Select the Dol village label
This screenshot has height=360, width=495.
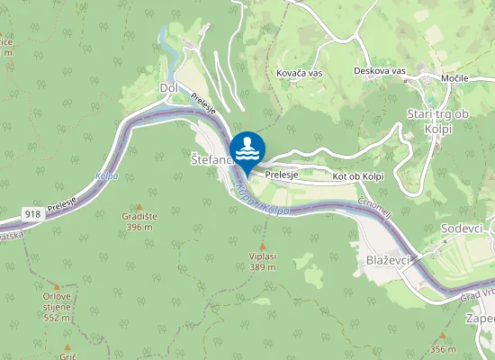click(x=168, y=87)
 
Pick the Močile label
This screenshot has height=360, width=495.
click(x=454, y=78)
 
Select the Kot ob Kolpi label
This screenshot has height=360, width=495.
click(x=358, y=176)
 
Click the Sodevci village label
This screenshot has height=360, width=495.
click(x=463, y=229)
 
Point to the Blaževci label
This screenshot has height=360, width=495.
click(x=390, y=258)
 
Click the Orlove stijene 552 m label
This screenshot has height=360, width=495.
click(x=57, y=306)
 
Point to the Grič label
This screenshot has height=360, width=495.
click(x=68, y=357)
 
